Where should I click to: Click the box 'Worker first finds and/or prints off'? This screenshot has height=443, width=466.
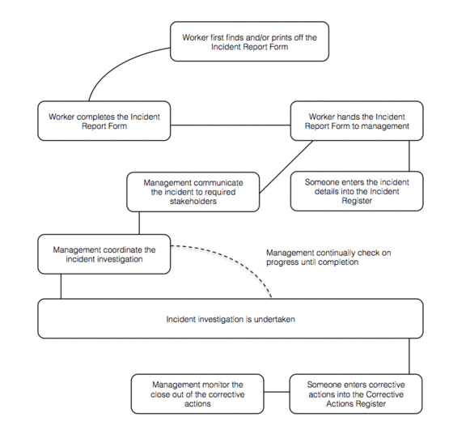click(x=249, y=41)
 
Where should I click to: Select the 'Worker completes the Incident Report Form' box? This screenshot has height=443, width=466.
click(x=104, y=121)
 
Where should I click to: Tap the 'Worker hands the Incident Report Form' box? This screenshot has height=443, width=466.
click(x=357, y=121)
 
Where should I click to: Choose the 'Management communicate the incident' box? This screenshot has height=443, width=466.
click(x=193, y=192)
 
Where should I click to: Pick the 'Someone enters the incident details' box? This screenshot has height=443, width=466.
click(x=357, y=191)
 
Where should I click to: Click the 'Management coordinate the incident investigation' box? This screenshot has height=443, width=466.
click(x=104, y=254)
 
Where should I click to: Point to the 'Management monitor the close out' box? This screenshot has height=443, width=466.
click(x=197, y=394)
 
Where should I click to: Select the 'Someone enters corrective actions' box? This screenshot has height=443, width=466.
click(x=356, y=394)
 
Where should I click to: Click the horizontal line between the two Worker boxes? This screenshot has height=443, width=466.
click(x=231, y=126)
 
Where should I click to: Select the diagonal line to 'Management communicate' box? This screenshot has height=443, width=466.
click(x=286, y=167)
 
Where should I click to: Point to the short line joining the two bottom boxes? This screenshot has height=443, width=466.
click(x=277, y=392)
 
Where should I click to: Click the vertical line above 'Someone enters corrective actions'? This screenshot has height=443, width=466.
click(x=409, y=356)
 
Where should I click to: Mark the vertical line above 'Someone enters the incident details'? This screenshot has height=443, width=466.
click(x=409, y=155)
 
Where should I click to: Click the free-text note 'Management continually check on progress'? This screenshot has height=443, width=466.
click(x=328, y=258)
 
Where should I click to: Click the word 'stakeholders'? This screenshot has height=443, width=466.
click(x=193, y=202)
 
